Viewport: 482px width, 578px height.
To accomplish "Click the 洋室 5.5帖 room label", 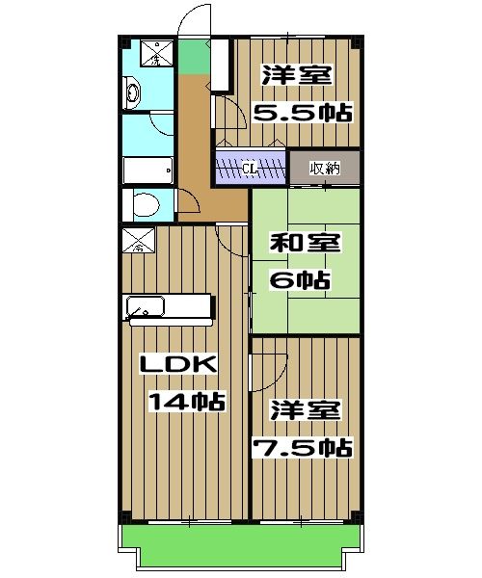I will pyautogui.click(x=302, y=92).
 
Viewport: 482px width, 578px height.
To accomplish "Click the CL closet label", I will pyautogui.click(x=250, y=169).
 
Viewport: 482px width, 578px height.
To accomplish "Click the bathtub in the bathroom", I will pyautogui.click(x=147, y=170).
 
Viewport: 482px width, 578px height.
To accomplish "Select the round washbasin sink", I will pyautogui.click(x=132, y=93).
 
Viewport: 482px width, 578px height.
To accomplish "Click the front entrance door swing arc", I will pyautogui.click(x=194, y=19).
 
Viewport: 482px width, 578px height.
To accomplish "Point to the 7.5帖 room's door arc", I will pyautogui.click(x=267, y=368).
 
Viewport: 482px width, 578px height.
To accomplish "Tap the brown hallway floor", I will pyautogui.click(x=198, y=144).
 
